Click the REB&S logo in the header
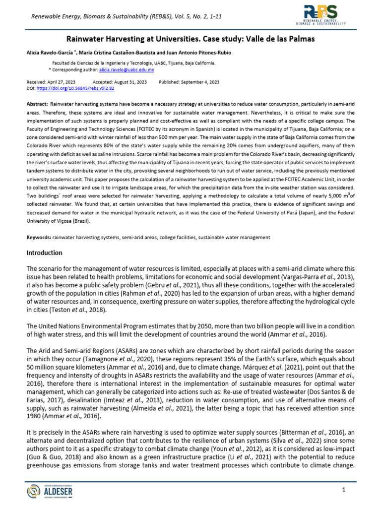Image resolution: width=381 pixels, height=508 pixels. point(323,16)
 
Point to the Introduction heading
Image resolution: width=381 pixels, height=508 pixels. point(44,253)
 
